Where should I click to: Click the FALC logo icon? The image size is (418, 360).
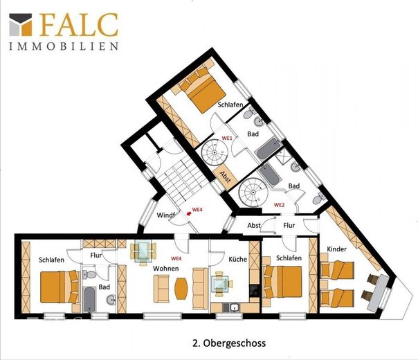(21, 24)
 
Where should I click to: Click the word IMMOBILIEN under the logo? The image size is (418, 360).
(64, 46)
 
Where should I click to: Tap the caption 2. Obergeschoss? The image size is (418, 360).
(229, 343)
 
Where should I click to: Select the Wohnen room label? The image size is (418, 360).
(166, 268)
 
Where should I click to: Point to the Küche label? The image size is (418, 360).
(238, 259)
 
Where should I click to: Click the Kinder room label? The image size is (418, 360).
(337, 249)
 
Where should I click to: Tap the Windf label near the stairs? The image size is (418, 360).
(165, 215)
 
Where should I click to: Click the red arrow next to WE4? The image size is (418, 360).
(189, 213)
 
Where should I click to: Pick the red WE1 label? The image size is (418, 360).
(228, 138)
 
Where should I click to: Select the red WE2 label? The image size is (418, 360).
(280, 205)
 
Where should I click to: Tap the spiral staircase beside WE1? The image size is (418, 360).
(215, 152)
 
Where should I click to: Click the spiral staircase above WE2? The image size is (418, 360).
(252, 192)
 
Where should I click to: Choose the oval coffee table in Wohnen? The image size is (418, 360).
(181, 289)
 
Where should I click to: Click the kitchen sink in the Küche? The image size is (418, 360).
(235, 308)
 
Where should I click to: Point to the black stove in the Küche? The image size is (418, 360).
(254, 291)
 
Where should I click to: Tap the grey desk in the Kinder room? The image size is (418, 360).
(377, 293)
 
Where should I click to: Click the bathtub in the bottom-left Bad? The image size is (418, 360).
(89, 299)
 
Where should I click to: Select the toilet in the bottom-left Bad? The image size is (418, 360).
(89, 274)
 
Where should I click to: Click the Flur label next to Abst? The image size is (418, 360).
(289, 226)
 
